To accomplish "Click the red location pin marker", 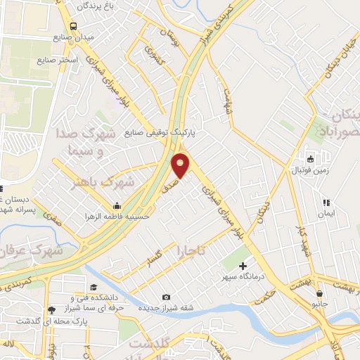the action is pyautogui.click(x=181, y=165).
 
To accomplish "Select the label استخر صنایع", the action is pyautogui.click(x=78, y=59).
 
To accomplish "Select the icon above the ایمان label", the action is pyautogui.click(x=326, y=202).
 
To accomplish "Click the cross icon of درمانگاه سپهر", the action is pyautogui.click(x=243, y=266).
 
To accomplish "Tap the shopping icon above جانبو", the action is pyautogui.click(x=320, y=293).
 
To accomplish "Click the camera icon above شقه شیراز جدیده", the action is pyautogui.click(x=166, y=297).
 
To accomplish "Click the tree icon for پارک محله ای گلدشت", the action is pyautogui.click(x=51, y=309).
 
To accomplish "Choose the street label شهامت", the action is pyautogui.click(x=228, y=98).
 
